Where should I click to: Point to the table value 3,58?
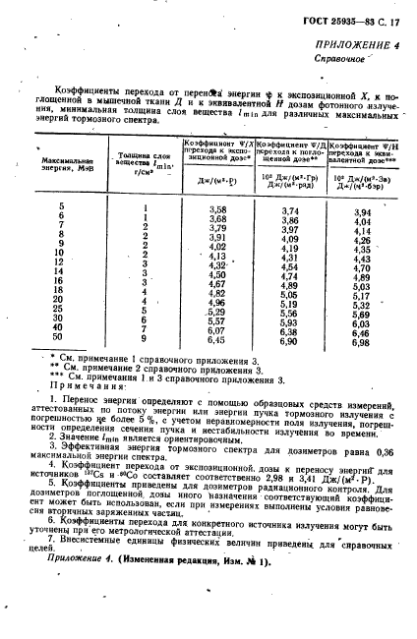click(x=218, y=210)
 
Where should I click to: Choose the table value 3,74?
click(x=290, y=211)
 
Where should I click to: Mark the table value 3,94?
click(x=362, y=212)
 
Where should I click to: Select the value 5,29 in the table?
click(x=218, y=312)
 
